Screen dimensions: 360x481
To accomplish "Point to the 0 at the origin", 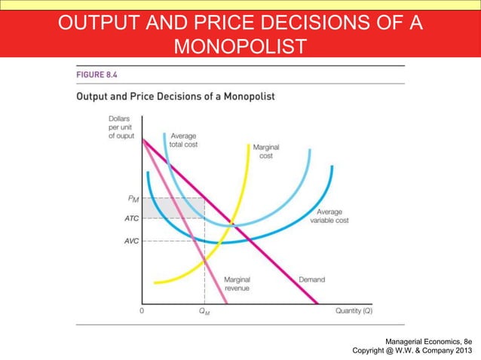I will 142,310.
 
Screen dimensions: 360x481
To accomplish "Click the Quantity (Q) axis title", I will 354,310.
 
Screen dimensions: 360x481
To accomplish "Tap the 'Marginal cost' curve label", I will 265,151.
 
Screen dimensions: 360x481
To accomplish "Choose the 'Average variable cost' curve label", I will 332,215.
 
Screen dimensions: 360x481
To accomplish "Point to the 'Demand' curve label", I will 311,279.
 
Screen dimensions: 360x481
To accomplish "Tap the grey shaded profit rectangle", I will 173,208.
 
